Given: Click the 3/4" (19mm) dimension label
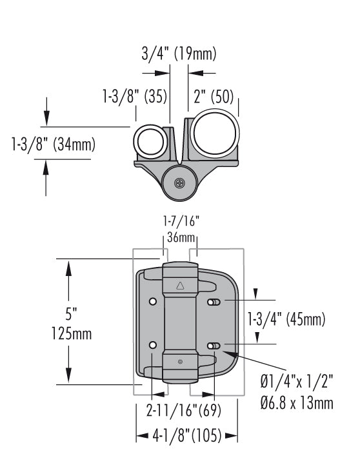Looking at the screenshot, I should pos(179,54).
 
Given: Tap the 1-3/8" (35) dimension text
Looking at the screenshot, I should pos(135,97).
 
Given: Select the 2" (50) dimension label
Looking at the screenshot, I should pos(214,97).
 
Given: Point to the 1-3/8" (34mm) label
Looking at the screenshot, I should pos(53,144).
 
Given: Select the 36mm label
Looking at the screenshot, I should pos(178,237).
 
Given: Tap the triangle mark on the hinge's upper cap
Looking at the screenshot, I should pos(180,284).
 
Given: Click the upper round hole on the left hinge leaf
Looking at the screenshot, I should pos(152,302).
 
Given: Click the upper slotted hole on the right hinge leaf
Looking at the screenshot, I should pos(214,302).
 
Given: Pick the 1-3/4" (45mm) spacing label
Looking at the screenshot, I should pos(286,319).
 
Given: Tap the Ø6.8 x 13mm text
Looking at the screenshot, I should pos(297,403).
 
